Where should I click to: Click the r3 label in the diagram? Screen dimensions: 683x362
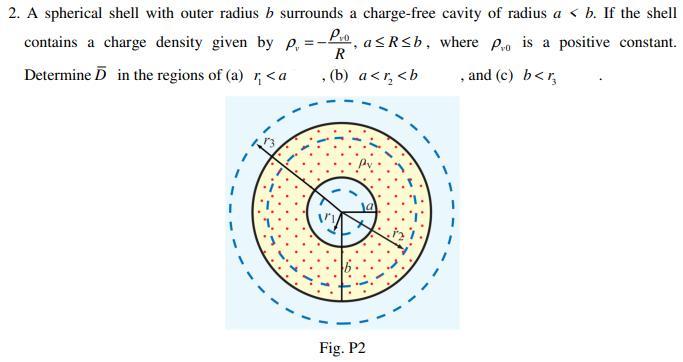coord(268,143)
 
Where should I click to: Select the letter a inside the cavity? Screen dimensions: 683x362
coord(367,206)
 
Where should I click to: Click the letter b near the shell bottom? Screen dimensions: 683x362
coord(348,268)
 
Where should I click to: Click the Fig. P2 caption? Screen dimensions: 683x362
coord(342,348)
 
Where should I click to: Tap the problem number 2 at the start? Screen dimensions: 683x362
coord(11,14)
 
